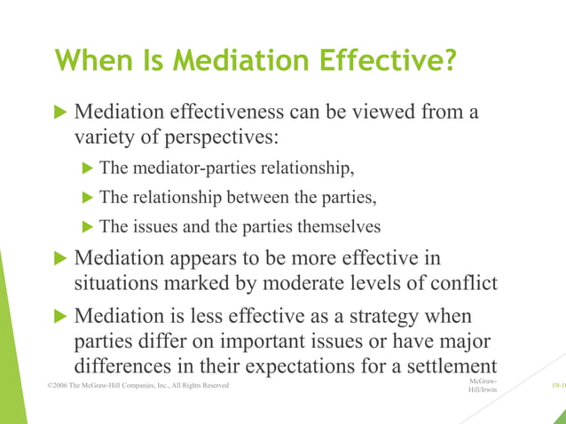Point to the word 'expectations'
click(301, 366)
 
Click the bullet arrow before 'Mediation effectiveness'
click(60, 113)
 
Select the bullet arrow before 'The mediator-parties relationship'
click(88, 168)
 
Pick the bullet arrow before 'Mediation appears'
click(60, 258)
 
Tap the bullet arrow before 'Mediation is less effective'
click(60, 316)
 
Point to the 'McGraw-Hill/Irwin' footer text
click(482, 386)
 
